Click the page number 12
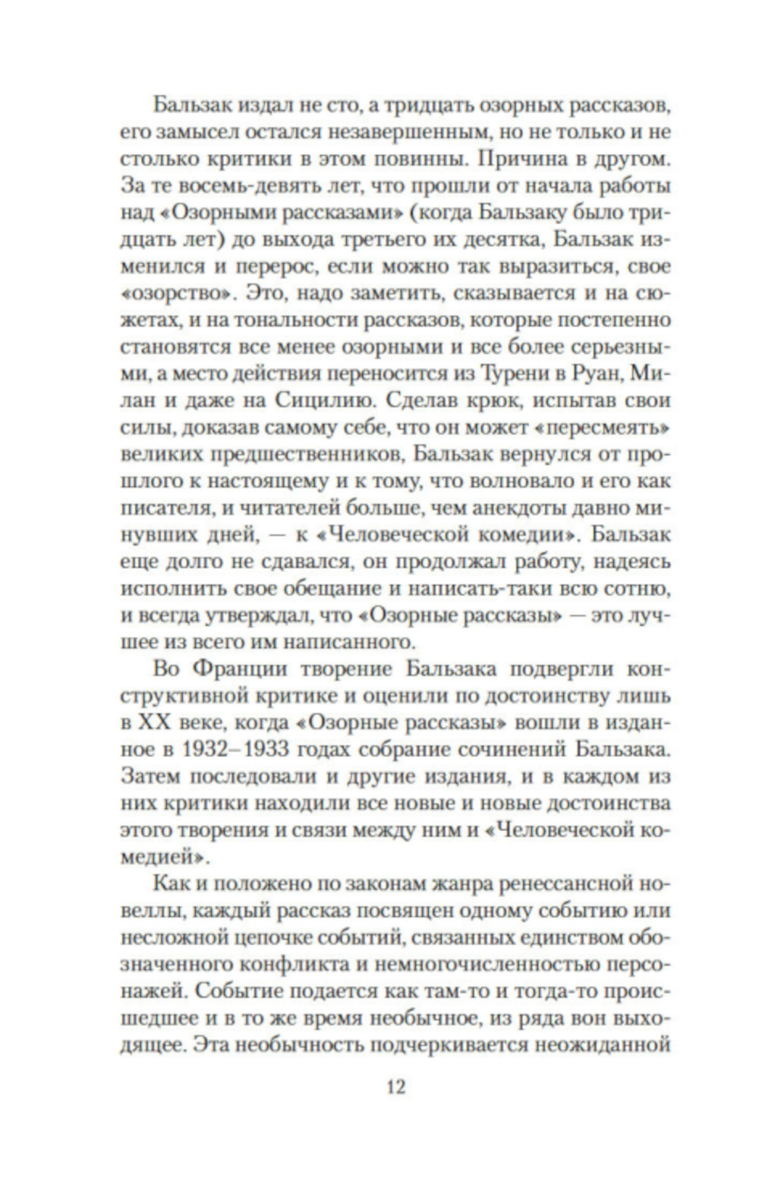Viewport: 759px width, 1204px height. (396, 1087)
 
